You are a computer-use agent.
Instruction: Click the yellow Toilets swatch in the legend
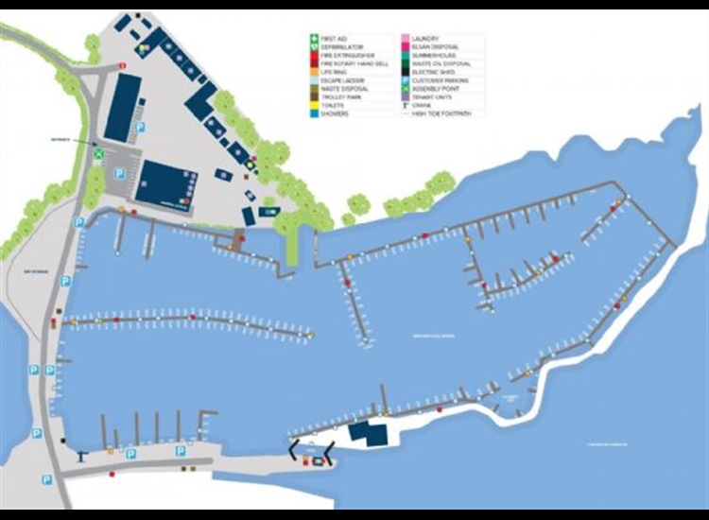pos(314,105)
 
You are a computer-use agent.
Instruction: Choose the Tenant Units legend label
pos(430,96)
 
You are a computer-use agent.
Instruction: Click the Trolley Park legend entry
pos(338,96)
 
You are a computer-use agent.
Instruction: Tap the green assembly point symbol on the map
pos(97,151)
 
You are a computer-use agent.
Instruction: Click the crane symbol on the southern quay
pos(86,456)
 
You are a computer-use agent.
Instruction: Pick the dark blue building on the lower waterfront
pos(366,434)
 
